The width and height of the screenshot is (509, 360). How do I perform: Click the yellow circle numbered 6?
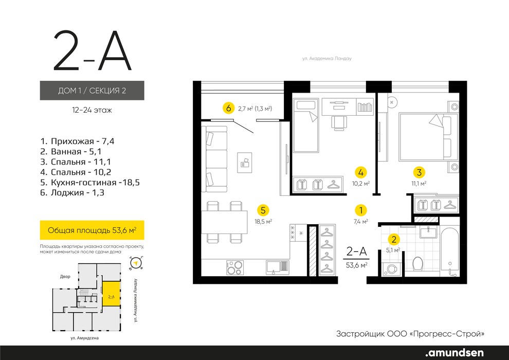point(228,108)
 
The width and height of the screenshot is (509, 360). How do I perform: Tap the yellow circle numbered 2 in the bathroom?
point(394,240)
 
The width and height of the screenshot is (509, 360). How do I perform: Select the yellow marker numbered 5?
point(263,210)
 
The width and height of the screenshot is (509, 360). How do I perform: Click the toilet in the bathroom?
point(417,264)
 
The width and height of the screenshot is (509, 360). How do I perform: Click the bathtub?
point(450,252)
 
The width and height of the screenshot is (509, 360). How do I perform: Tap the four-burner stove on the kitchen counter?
point(235,268)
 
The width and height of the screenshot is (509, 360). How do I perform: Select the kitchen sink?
point(278,268)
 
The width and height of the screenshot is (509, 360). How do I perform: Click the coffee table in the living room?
point(244,163)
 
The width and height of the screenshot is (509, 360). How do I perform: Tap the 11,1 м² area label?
point(419,184)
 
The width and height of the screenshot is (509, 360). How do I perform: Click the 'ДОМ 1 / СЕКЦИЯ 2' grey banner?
point(92,90)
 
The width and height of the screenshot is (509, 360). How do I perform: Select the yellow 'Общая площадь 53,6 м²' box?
point(92,230)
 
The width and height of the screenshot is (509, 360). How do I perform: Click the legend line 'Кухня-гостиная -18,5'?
point(90,183)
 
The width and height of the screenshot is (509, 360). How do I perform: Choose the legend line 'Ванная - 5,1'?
point(71,152)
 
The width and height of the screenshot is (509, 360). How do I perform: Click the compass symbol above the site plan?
point(136,263)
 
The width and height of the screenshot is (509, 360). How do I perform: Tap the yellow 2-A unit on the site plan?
point(112,294)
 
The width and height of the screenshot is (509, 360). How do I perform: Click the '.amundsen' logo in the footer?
point(455,352)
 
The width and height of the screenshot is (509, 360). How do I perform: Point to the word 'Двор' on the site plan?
point(65,277)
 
